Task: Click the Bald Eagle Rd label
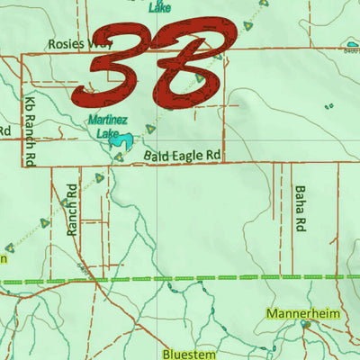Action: click(183, 156)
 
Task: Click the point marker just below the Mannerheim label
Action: click(306, 326)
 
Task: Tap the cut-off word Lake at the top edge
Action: click(159, 4)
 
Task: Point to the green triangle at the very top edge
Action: click(264, 4)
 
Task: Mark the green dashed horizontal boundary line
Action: click(180, 281)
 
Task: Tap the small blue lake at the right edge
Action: click(352, 49)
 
